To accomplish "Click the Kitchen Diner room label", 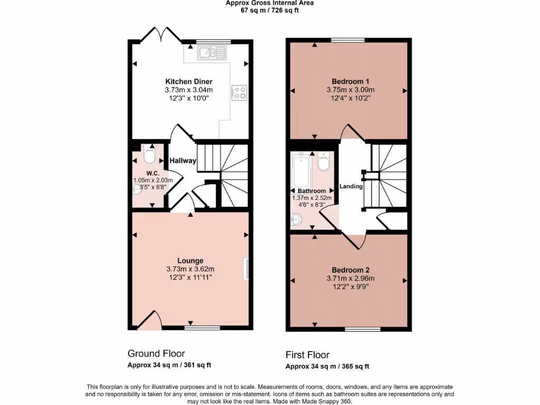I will pyautogui.click(x=189, y=82).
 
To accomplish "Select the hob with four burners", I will pyautogui.click(x=239, y=93).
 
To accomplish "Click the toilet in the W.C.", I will pyautogui.click(x=149, y=156).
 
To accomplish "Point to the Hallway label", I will pyautogui.click(x=183, y=161).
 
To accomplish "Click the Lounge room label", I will pyautogui.click(x=190, y=261).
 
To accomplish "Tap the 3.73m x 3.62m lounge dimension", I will pyautogui.click(x=190, y=269).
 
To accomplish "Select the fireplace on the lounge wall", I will pyautogui.click(x=246, y=268).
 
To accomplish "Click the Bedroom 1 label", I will pyautogui.click(x=350, y=81).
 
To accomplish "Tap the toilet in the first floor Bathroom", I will pyautogui.click(x=323, y=161).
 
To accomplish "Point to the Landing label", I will pyautogui.click(x=351, y=186).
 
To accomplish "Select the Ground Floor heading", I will pyautogui.click(x=156, y=353).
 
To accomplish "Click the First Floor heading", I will pyautogui.click(x=311, y=355).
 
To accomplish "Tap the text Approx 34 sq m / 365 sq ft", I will pyautogui.click(x=327, y=367).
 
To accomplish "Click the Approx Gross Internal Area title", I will pyautogui.click(x=269, y=3).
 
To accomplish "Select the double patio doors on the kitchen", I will pyautogui.click(x=161, y=35).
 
